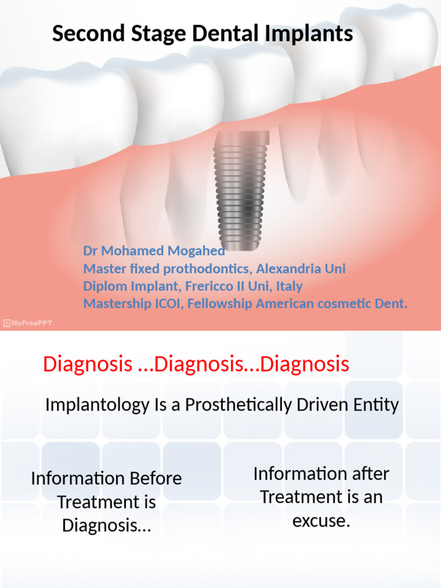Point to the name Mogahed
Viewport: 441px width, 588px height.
196,251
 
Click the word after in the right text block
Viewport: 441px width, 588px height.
365,474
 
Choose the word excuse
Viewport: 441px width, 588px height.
321,521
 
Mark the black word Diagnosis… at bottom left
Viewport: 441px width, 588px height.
107,525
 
